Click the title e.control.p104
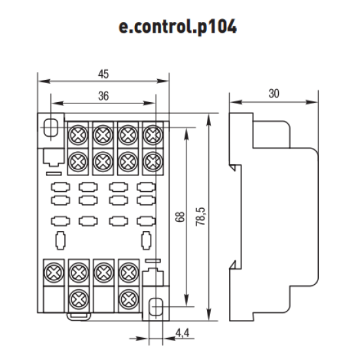(177, 27)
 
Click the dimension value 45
(103, 74)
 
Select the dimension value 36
(103, 96)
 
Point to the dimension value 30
(274, 94)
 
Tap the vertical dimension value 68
(180, 217)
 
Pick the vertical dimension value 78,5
(201, 217)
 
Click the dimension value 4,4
(183, 333)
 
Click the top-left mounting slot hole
(51, 127)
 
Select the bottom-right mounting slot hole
(156, 306)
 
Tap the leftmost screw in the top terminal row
(79, 135)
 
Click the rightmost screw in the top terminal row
(153, 135)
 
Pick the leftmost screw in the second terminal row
(79, 162)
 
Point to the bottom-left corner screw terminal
(54, 272)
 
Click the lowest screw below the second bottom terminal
(79, 299)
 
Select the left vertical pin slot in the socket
(61, 240)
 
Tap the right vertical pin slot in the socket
(146, 240)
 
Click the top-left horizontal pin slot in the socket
(60, 187)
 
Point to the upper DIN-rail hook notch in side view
(233, 168)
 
